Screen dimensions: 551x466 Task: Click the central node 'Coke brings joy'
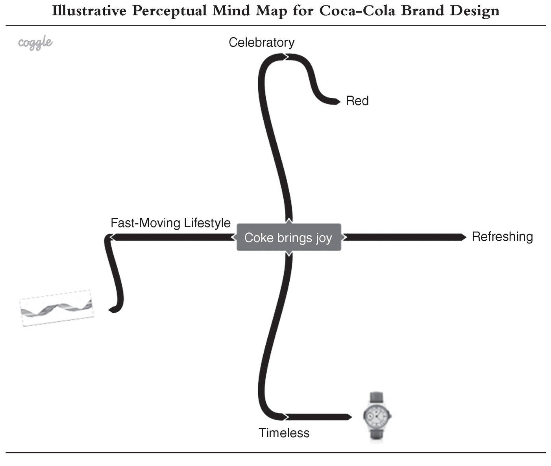[289, 237]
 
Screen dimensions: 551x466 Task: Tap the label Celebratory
[261, 42]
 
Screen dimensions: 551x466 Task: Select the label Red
[357, 101]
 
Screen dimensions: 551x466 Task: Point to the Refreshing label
[502, 237]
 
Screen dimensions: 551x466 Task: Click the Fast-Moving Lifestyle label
[170, 223]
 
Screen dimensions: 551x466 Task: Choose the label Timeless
[284, 433]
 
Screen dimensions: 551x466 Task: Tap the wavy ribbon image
[57, 308]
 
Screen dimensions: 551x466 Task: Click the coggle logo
[35, 42]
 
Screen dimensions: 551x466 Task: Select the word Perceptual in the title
[169, 11]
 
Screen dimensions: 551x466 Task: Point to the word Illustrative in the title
[89, 11]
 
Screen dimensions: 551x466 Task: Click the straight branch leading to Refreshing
[404, 237]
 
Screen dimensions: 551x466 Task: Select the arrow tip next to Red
[338, 101]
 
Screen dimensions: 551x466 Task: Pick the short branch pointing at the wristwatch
[318, 417]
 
